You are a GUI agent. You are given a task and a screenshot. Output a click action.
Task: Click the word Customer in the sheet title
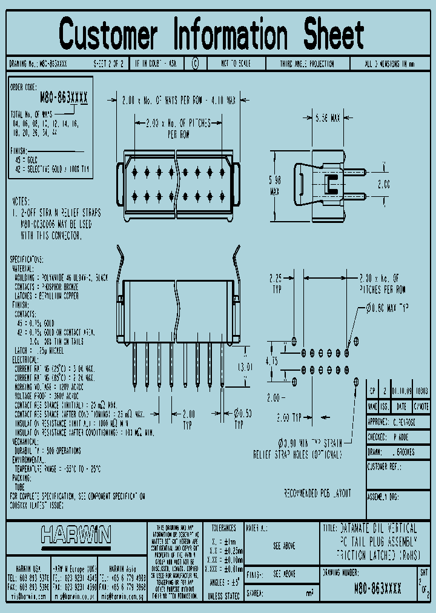(108, 35)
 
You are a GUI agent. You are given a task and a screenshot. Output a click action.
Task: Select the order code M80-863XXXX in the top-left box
(64, 98)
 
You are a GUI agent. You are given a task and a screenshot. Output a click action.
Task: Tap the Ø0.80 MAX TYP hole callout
(388, 308)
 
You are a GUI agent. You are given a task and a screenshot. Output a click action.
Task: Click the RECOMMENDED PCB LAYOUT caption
(317, 494)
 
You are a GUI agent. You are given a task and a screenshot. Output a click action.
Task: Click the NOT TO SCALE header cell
(235, 64)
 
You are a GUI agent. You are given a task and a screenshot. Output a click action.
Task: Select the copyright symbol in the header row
(195, 64)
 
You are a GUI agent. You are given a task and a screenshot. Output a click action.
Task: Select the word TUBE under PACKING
(20, 486)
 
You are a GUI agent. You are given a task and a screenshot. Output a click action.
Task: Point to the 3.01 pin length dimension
(244, 366)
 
